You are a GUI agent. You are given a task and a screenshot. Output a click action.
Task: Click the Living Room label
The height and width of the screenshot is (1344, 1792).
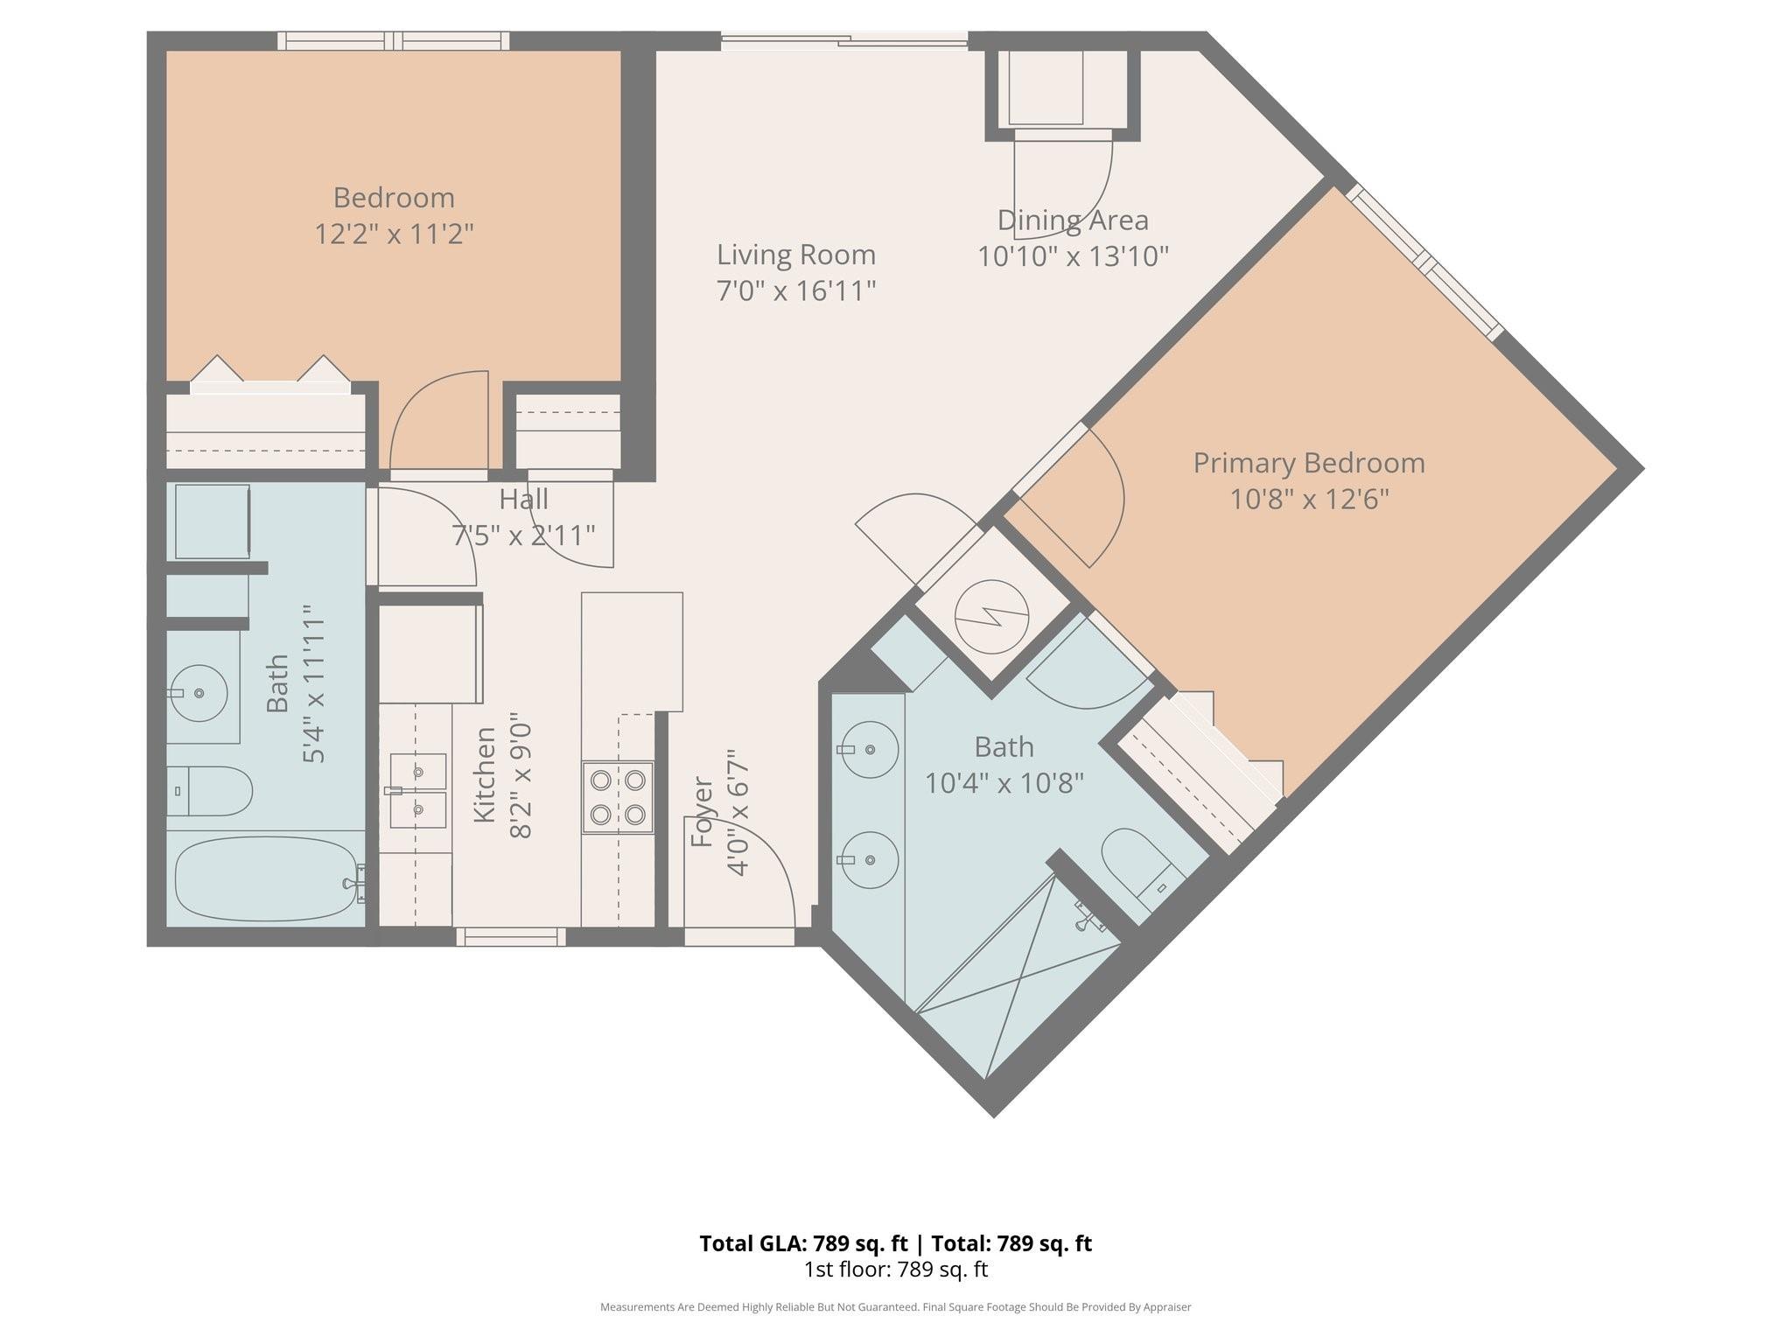pyautogui.click(x=795, y=255)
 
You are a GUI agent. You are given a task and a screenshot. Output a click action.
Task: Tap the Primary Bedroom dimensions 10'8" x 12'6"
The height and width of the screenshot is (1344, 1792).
pyautogui.click(x=1309, y=500)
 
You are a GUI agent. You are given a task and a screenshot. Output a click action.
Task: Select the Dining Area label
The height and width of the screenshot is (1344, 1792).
pyautogui.click(x=1073, y=220)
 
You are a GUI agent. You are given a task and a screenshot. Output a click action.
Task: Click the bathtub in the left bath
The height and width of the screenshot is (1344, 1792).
pyautogui.click(x=264, y=878)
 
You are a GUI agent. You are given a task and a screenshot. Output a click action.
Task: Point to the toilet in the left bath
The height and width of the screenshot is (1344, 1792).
pyautogui.click(x=213, y=791)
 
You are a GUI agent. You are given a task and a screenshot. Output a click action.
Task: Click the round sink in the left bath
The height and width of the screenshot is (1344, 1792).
pyautogui.click(x=199, y=693)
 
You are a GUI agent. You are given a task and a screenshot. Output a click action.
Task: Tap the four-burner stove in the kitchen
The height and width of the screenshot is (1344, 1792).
pyautogui.click(x=618, y=797)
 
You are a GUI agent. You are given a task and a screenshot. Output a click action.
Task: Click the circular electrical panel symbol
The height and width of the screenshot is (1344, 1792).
pyautogui.click(x=991, y=618)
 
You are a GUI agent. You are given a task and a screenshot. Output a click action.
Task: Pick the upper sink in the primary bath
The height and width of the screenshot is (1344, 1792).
pyautogui.click(x=870, y=750)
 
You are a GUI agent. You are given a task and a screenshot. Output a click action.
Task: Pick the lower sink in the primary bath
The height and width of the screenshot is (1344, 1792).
pyautogui.click(x=870, y=860)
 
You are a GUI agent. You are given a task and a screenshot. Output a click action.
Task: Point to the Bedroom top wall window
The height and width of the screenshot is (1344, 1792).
pyautogui.click(x=394, y=41)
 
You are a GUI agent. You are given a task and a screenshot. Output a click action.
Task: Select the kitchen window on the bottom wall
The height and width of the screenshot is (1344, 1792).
pyautogui.click(x=511, y=937)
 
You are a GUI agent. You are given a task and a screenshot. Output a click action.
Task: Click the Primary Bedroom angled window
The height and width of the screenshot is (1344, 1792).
pyautogui.click(x=1425, y=261)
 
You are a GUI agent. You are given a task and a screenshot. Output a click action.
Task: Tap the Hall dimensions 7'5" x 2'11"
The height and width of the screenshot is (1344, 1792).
pyautogui.click(x=523, y=535)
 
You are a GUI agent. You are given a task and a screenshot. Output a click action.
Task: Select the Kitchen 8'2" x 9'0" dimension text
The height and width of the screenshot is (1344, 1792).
pyautogui.click(x=520, y=780)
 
